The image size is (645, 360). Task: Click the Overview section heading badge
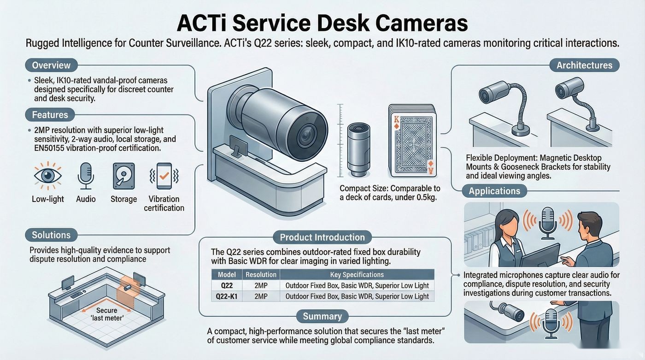[52, 65]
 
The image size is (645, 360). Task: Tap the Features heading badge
[50, 115]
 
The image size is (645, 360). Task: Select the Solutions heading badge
[51, 235]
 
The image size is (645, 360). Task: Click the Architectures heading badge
[584, 65]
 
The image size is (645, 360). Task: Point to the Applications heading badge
[494, 191]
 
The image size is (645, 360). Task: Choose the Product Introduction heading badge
[322, 237]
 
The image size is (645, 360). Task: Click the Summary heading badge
[322, 316]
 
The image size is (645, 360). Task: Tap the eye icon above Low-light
[48, 176]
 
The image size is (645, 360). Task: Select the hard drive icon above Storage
[124, 176]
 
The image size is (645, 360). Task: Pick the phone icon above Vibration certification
[164, 176]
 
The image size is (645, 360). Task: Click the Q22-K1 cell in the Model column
[227, 296]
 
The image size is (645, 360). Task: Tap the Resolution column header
[261, 275]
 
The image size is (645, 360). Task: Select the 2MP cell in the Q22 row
[261, 286]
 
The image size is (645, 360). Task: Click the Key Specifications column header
[357, 275]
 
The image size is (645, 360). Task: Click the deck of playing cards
[412, 141]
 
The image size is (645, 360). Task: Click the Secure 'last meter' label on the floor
[106, 314]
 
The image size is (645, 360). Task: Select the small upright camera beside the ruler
[358, 150]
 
